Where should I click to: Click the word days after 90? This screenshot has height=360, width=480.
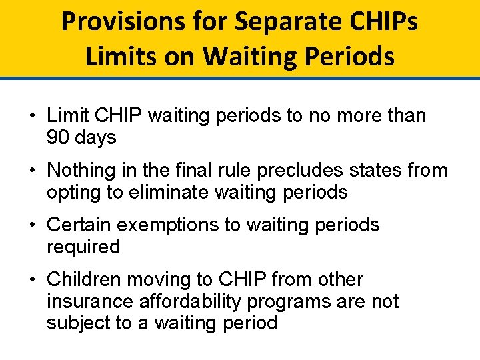95,138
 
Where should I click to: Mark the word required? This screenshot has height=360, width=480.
83,247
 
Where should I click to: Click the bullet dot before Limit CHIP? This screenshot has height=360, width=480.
32,116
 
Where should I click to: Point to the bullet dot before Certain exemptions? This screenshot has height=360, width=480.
32,225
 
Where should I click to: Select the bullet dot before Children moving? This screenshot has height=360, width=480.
32,279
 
